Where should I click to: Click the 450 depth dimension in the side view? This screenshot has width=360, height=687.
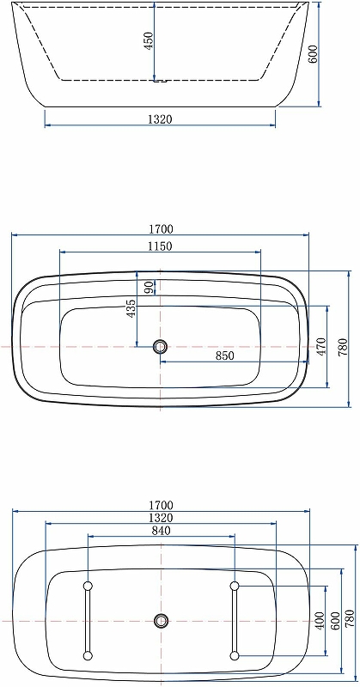coord(149,40)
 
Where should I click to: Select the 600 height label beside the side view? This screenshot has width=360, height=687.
coord(312,54)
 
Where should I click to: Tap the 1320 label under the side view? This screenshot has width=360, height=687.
coord(160,119)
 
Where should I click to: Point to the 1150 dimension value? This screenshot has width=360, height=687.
coord(160,246)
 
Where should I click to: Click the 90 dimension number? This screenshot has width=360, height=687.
coord(149,288)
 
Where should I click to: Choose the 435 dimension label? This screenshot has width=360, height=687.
coord(131,308)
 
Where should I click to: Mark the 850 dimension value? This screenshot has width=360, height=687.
coord(224,356)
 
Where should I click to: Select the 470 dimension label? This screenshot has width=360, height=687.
coord(321,347)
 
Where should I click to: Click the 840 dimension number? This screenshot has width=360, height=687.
coord(161,531)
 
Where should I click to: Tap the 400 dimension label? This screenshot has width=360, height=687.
coord(320,621)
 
